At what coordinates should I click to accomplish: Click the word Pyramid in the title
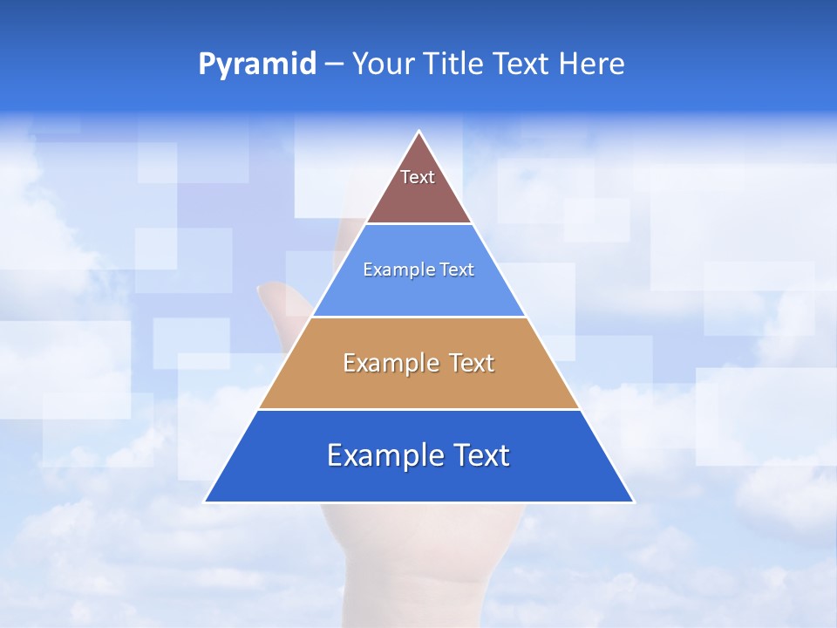(256, 65)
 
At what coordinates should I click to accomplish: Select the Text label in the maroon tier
(418, 177)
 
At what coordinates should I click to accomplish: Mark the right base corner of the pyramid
(633, 502)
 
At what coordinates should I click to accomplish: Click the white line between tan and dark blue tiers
(418, 409)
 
